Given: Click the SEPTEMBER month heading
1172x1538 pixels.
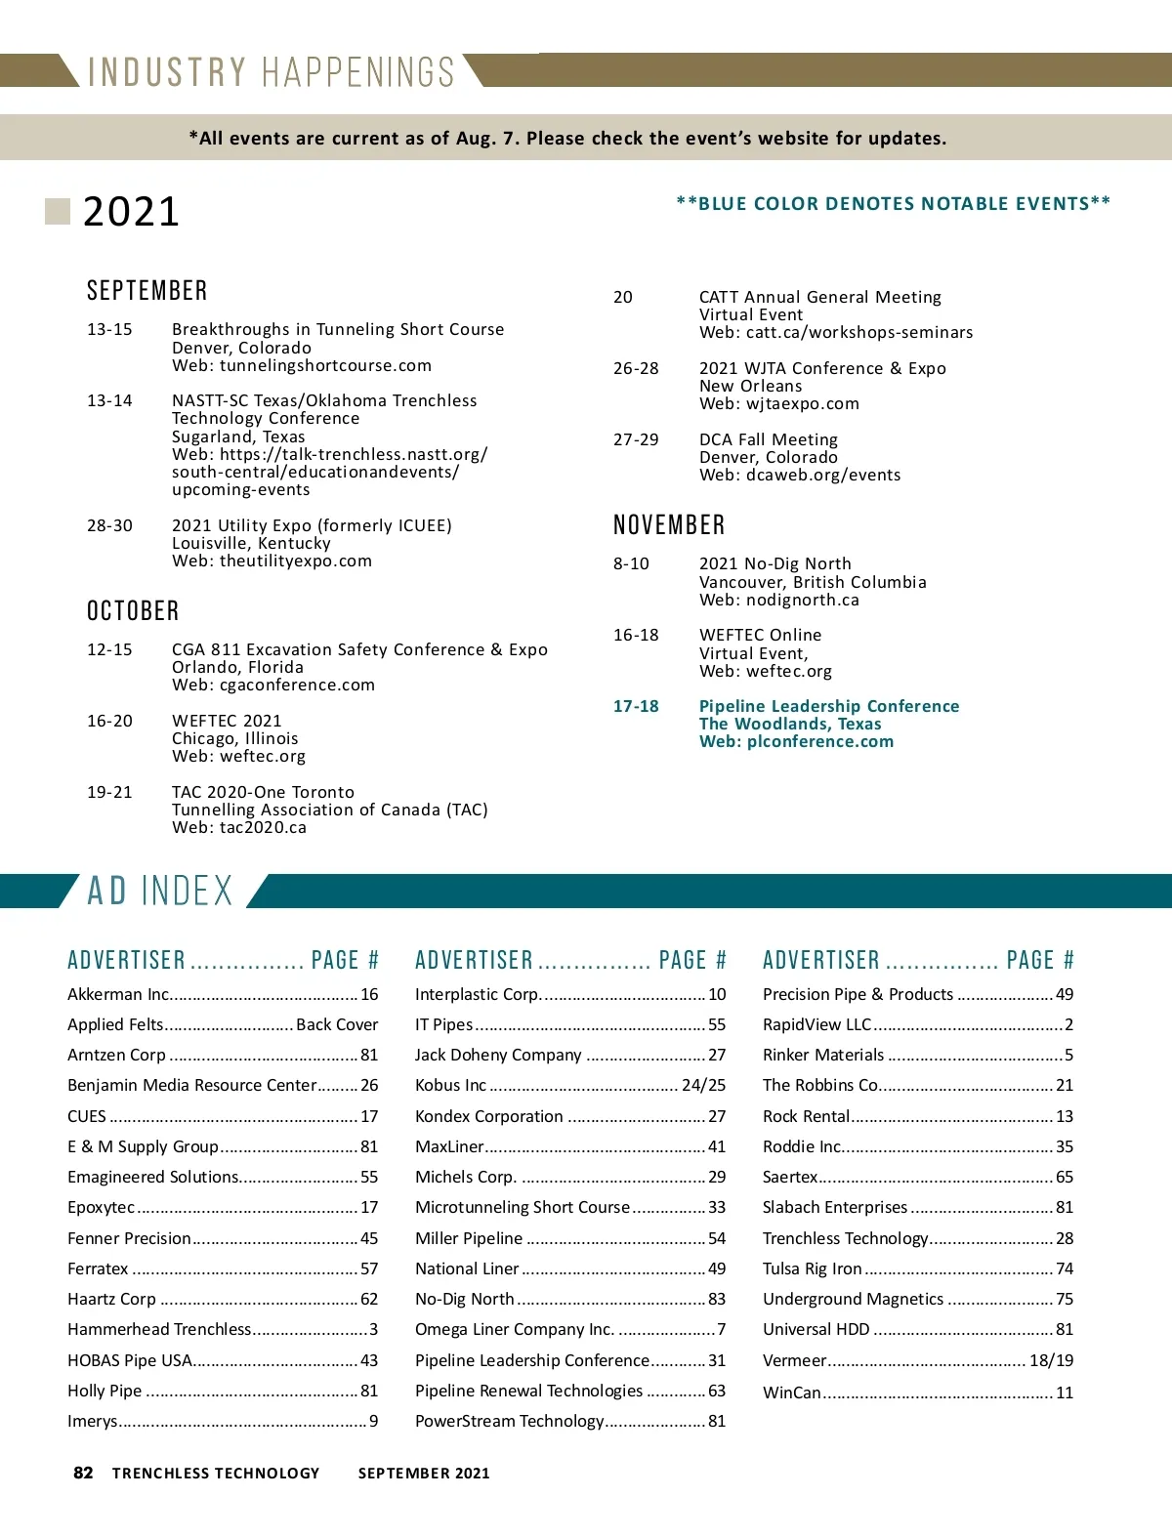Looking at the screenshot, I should tap(146, 291).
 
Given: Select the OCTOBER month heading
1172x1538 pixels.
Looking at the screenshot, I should tap(133, 611).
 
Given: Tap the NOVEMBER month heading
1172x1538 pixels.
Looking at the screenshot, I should tap(669, 525).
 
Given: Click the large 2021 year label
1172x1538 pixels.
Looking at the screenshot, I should tap(131, 212).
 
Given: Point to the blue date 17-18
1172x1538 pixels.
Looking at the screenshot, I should tap(636, 706).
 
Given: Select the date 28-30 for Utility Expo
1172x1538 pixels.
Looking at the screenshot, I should tap(109, 525).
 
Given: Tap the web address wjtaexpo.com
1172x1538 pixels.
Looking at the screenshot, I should tap(803, 403).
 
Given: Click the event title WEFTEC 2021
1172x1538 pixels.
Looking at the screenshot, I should tap(227, 721).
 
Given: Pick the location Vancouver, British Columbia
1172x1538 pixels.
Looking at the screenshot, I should tap(813, 582).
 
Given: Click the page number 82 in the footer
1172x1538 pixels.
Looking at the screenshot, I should tap(83, 1473).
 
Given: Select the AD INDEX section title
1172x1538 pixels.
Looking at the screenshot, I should tap(160, 891).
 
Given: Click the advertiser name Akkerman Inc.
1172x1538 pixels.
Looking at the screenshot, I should tap(118, 994).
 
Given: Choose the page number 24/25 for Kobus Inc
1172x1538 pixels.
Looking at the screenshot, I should tap(703, 1085).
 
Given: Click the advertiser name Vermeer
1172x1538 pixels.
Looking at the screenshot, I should tap(794, 1360).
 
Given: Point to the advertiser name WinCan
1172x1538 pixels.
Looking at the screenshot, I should tap(791, 1393).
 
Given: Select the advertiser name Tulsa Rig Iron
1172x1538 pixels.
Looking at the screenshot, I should tap(812, 1268).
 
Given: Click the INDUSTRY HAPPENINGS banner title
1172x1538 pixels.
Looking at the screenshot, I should tap(271, 72).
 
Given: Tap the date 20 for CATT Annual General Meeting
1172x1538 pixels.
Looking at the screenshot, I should tap(623, 297).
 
